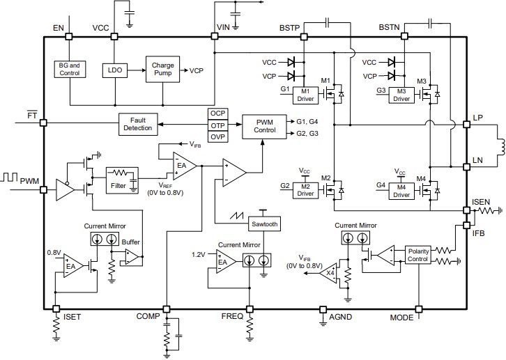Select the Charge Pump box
[162, 70]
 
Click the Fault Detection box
[137, 123]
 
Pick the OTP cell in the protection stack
[218, 125]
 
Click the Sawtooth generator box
[264, 224]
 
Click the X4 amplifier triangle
[329, 272]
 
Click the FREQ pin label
[232, 316]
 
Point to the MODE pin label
[402, 317]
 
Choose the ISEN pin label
[482, 202]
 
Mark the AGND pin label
[342, 316]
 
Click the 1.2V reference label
[200, 255]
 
